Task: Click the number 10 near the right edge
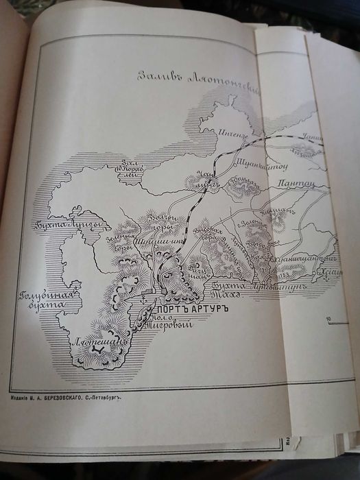pyautogui.click(x=330, y=319)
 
